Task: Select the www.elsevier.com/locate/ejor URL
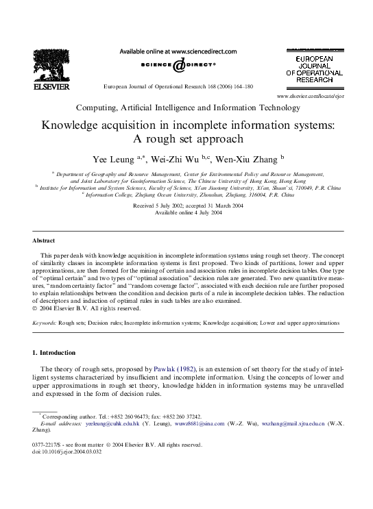coord(309,97)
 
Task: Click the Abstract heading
coord(45,241)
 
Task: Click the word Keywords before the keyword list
coord(44,322)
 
